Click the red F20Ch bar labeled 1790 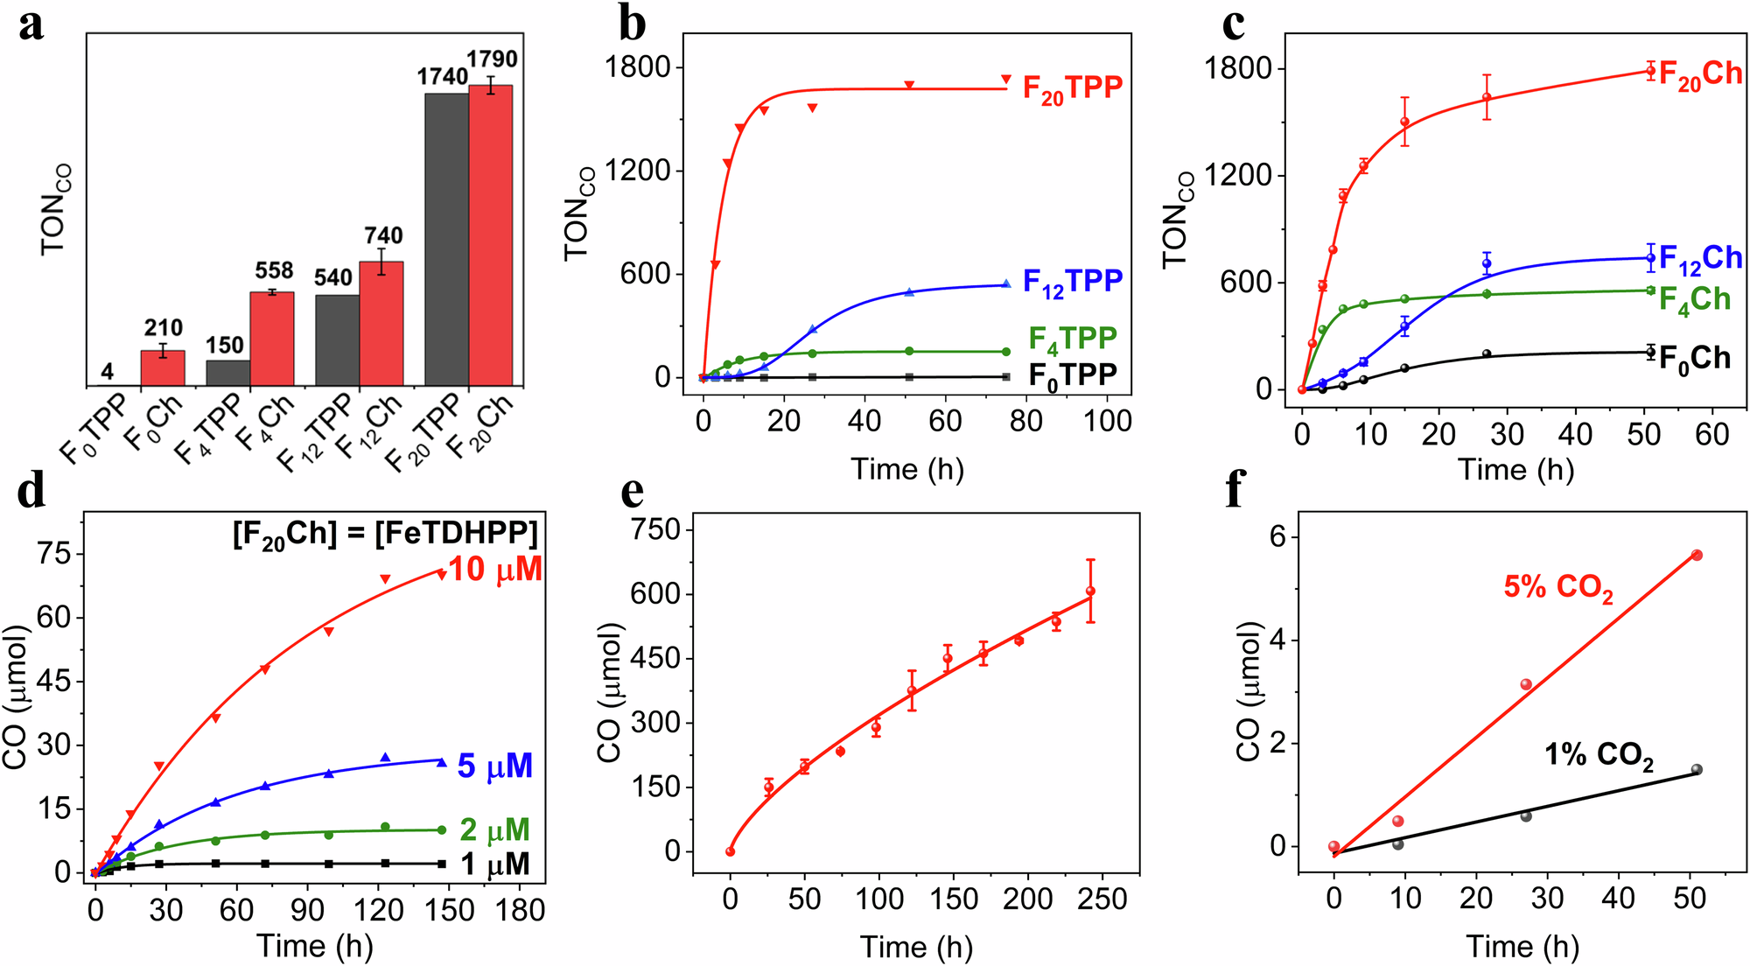pos(491,236)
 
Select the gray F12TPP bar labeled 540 pos(338,341)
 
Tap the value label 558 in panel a pos(274,270)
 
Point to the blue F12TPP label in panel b pos(1072,282)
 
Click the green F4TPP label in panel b pos(1073,339)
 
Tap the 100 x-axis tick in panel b pos(1107,421)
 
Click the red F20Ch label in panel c pos(1699,75)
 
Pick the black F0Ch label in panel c pos(1694,358)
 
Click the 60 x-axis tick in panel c pos(1711,433)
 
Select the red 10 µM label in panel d pos(495,570)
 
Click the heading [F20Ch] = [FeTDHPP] pos(385,533)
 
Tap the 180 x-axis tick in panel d pos(520,910)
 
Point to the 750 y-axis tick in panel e pos(660,529)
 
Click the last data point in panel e pos(1090,591)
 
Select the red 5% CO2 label pos(1557,587)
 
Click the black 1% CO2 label pos(1598,755)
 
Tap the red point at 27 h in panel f pos(1526,684)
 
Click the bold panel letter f pos(1235,490)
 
